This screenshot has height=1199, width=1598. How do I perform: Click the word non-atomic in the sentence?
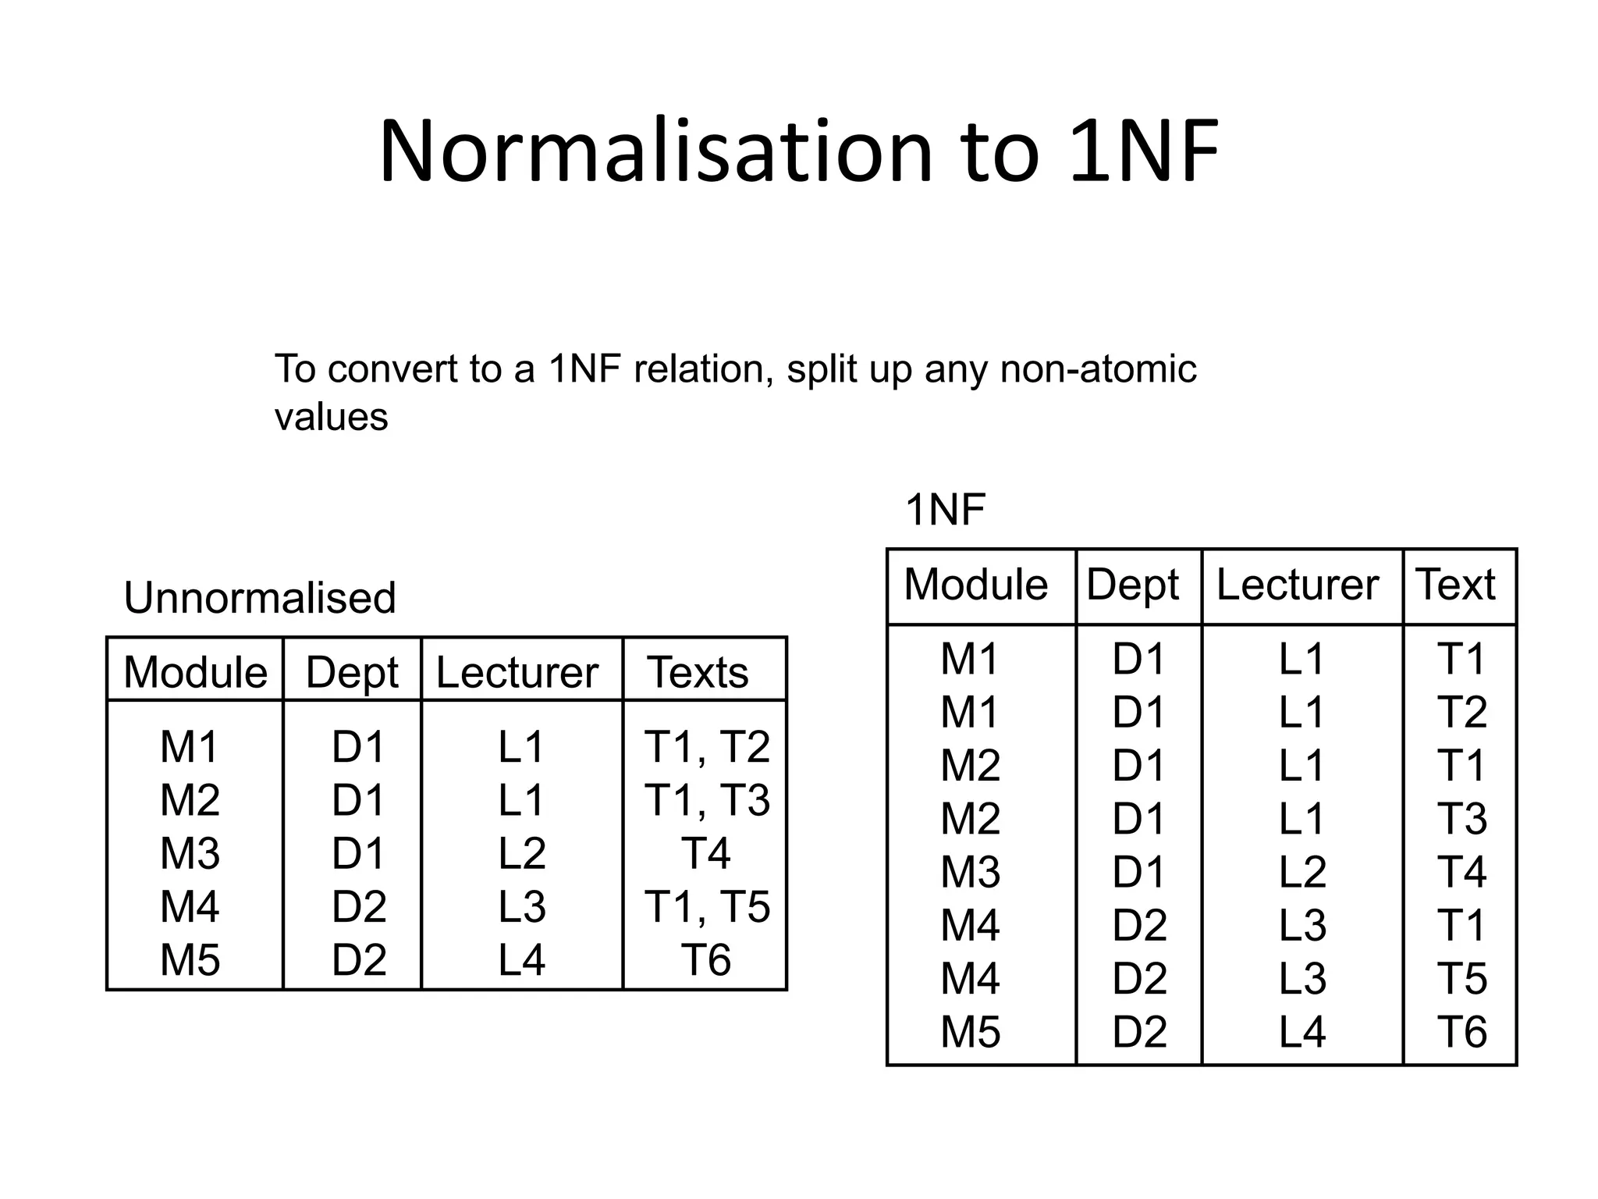point(1098,369)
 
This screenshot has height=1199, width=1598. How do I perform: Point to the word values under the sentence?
point(331,417)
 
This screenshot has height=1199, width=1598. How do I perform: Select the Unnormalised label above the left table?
point(260,598)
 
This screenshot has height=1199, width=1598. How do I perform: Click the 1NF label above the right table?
point(945,510)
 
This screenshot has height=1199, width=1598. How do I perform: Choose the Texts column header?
point(698,672)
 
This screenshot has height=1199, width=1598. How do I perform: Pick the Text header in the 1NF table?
point(1456,585)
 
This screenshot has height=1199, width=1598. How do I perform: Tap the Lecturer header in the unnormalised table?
point(517,672)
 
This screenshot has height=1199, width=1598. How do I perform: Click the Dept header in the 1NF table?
point(1133,585)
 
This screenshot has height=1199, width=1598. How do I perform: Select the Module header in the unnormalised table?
point(195,672)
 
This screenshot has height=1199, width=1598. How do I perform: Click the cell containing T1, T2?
point(707,747)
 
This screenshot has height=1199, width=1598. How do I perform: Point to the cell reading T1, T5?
point(707,907)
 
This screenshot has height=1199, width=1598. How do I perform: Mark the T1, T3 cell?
point(707,800)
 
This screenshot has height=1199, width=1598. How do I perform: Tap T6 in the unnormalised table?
point(706,960)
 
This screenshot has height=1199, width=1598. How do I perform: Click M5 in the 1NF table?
point(971,1032)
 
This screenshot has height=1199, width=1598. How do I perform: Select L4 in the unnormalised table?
point(522,960)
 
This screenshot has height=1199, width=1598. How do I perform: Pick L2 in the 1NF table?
point(1302,872)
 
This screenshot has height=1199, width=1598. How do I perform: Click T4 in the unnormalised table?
point(706,853)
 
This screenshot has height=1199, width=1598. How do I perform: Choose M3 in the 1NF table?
point(971,872)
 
